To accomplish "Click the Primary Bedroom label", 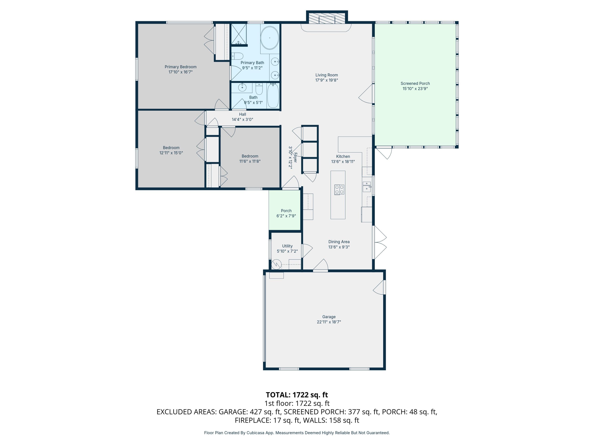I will point(180,67).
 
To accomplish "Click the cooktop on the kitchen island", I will point(339,189).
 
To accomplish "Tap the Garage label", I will point(329,317).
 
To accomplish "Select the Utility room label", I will point(287,246).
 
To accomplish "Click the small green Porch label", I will point(286,211).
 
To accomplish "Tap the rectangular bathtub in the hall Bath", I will point(273,96).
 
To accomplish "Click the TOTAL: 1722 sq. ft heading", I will point(297,395).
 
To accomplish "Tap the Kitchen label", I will point(343,156).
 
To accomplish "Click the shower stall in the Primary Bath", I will point(239,34).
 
